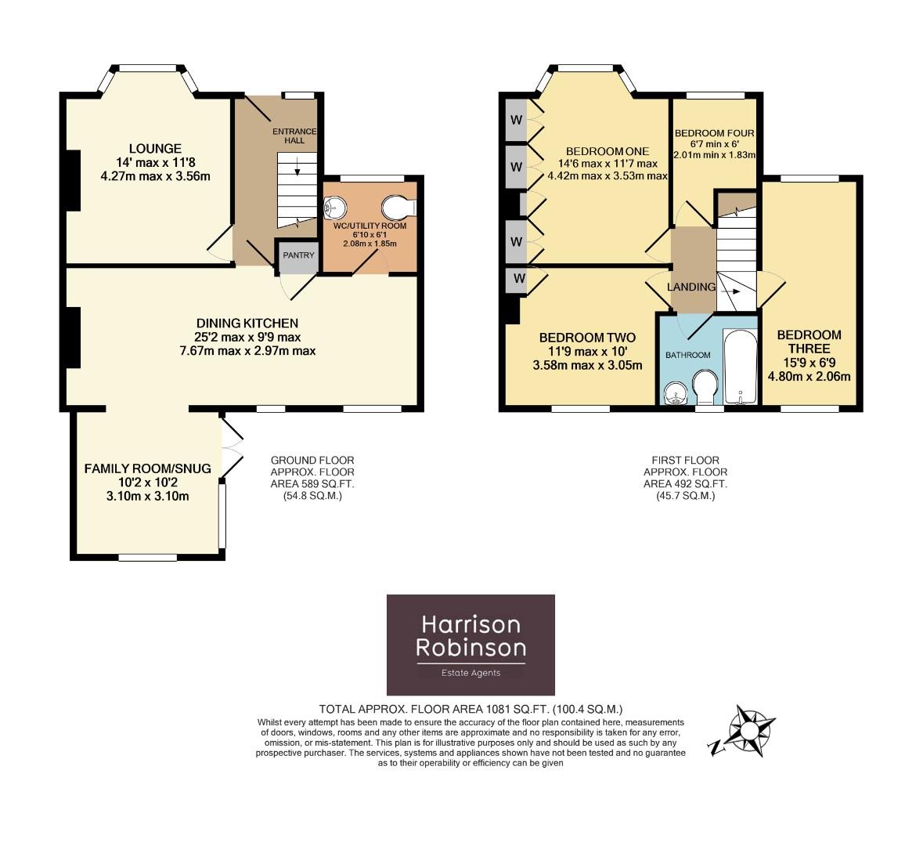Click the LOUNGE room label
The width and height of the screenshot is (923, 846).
(155, 148)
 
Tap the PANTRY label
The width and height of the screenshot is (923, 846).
(298, 255)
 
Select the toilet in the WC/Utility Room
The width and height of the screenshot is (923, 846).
(399, 208)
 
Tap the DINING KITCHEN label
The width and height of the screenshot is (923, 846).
(247, 323)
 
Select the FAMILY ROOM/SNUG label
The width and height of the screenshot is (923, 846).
(147, 468)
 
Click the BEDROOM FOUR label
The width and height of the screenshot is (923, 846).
(714, 132)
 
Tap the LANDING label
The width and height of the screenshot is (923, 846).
(690, 287)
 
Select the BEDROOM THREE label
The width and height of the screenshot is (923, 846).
(809, 342)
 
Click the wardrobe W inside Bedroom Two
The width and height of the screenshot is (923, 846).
(517, 278)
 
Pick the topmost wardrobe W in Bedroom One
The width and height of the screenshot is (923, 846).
(516, 120)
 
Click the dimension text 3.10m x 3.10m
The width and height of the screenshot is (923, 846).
(147, 497)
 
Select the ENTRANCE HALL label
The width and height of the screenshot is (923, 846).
(294, 136)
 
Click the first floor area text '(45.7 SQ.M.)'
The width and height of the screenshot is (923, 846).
(685, 496)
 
